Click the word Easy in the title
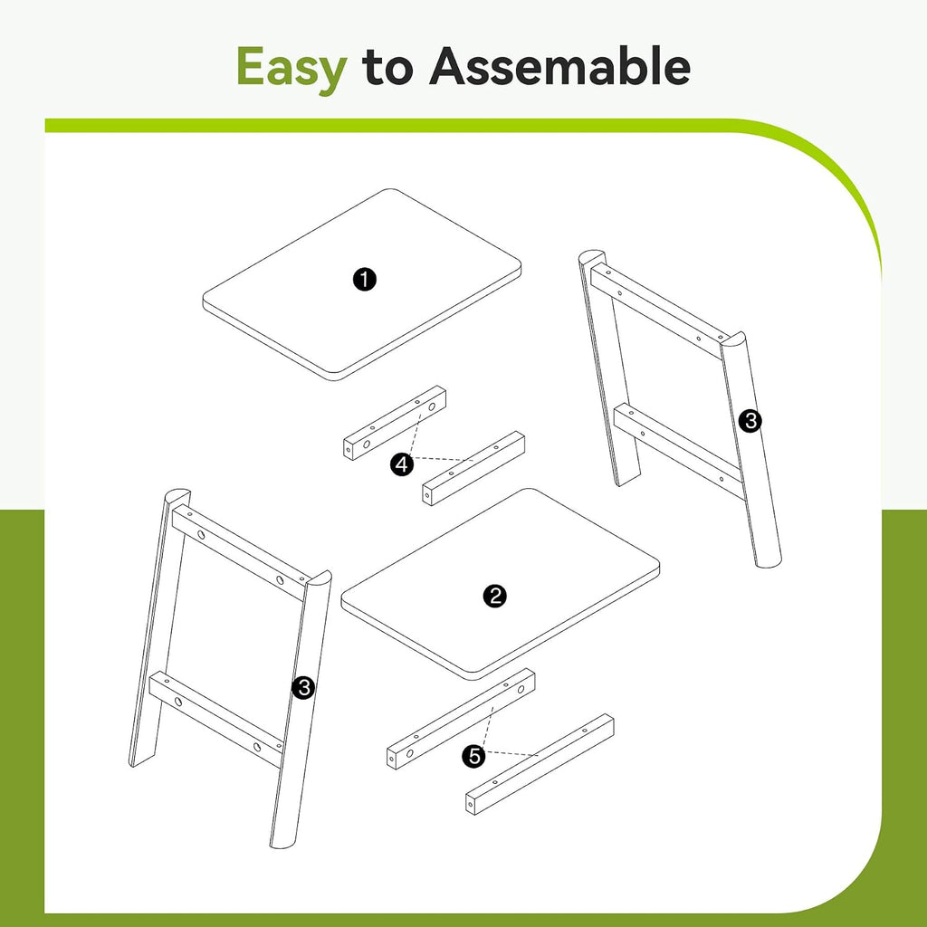(291, 68)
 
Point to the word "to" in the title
(387, 67)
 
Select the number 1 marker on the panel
(365, 279)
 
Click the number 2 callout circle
(495, 596)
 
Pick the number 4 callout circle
(402, 464)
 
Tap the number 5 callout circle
(474, 756)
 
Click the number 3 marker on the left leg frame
(303, 688)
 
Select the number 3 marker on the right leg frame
(750, 422)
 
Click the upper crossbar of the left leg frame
(239, 553)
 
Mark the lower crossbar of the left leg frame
(215, 719)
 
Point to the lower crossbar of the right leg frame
(677, 450)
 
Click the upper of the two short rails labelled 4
(395, 423)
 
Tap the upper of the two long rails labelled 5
(461, 719)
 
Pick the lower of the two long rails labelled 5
(540, 764)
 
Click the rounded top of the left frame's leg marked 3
(177, 495)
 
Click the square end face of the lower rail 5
(471, 804)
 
